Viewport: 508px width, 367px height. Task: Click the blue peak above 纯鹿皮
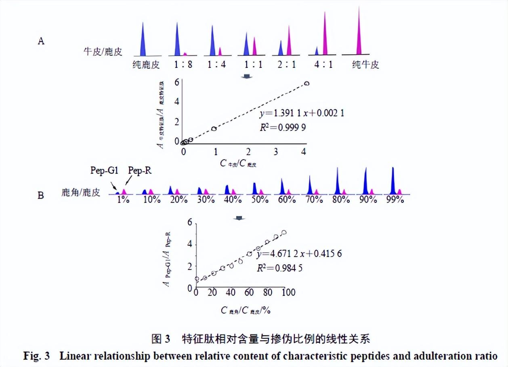tap(142, 40)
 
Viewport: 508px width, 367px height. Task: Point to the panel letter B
tap(41, 195)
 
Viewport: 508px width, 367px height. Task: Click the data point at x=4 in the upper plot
tap(307, 83)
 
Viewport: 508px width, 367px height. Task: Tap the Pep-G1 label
tap(104, 171)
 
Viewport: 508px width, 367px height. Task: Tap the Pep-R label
tap(140, 171)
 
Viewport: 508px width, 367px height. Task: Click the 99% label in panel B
tap(394, 199)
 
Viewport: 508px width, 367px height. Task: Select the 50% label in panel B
tap(257, 199)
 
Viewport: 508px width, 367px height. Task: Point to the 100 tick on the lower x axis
tap(288, 293)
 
